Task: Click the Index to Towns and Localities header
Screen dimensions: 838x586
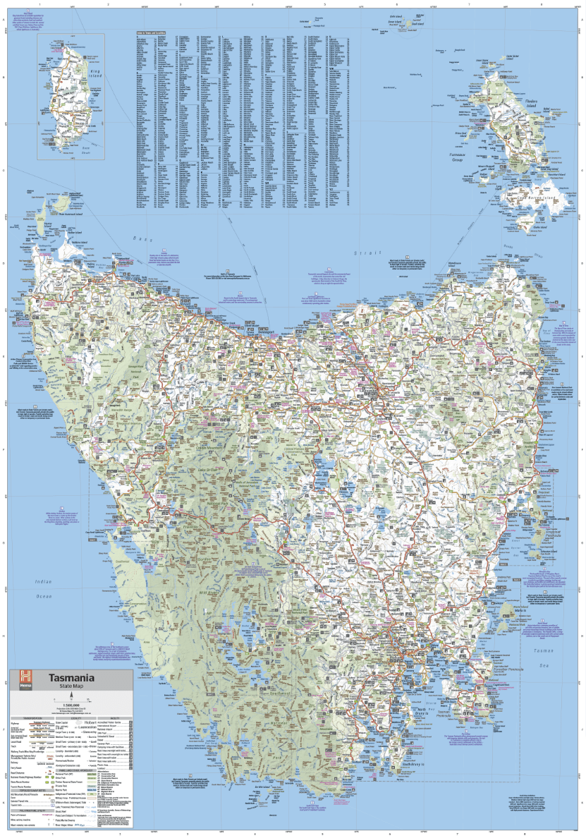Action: pos(150,32)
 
